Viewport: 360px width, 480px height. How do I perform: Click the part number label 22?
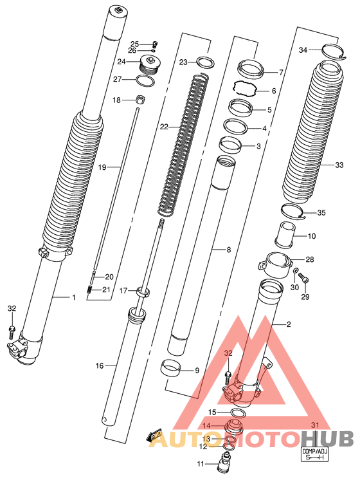point(164,126)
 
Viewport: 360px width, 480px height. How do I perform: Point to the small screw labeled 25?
point(154,44)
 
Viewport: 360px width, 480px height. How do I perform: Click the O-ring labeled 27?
point(145,80)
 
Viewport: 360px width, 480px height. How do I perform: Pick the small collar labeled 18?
point(141,100)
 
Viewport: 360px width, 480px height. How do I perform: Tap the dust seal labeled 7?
point(251,68)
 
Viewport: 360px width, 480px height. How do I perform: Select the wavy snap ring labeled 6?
point(246,88)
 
